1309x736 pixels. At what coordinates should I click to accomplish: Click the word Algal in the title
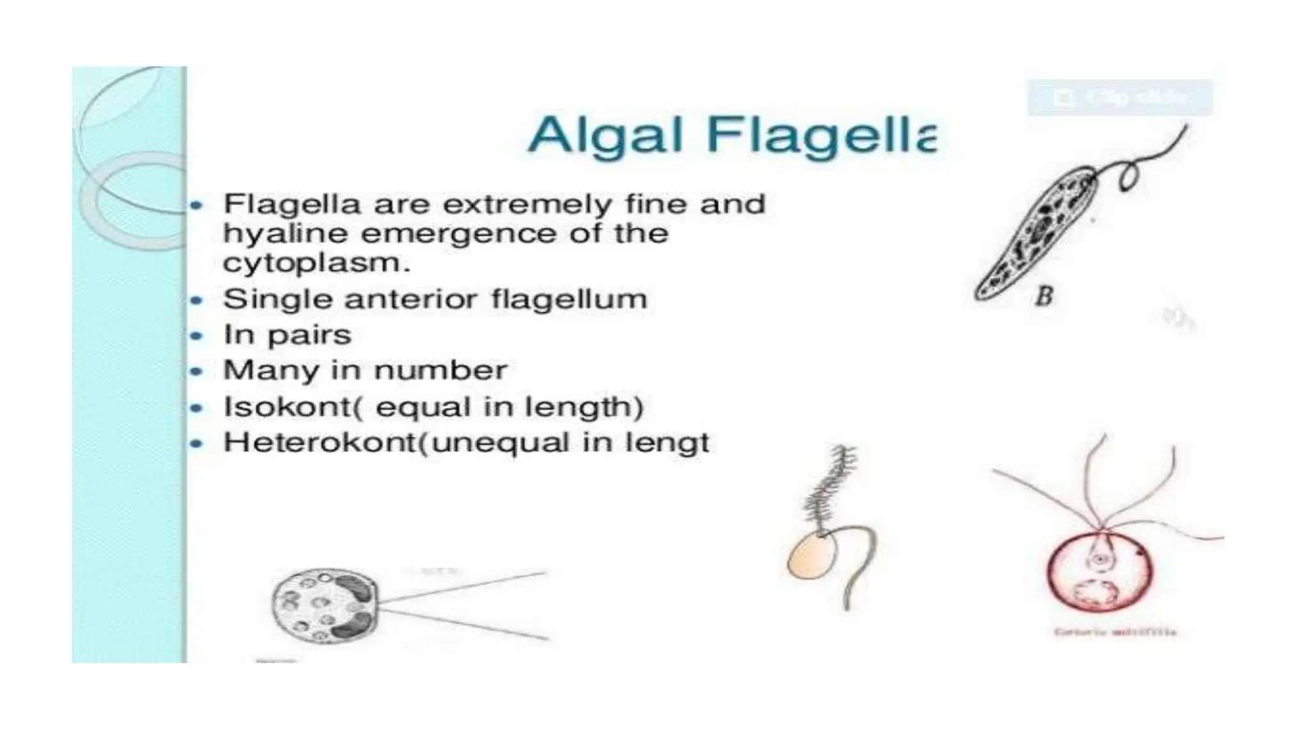(605, 136)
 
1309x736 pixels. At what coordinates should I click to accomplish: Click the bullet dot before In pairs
(197, 335)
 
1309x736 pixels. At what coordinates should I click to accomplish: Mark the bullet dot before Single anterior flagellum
(197, 300)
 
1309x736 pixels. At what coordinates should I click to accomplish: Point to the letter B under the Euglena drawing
(1044, 296)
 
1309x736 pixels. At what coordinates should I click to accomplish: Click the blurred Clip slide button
(1119, 98)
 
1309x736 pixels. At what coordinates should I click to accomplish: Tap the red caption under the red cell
(1115, 632)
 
